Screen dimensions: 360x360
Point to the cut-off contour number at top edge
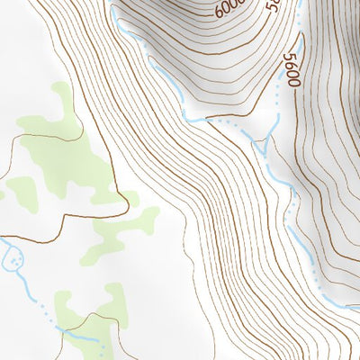tap(272, 5)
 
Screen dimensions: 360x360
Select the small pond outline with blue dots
tap(14, 261)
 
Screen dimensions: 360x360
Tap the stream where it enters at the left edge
tap(3, 240)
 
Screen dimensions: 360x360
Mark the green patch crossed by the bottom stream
tap(67, 310)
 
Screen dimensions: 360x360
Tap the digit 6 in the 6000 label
tap(220, 15)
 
